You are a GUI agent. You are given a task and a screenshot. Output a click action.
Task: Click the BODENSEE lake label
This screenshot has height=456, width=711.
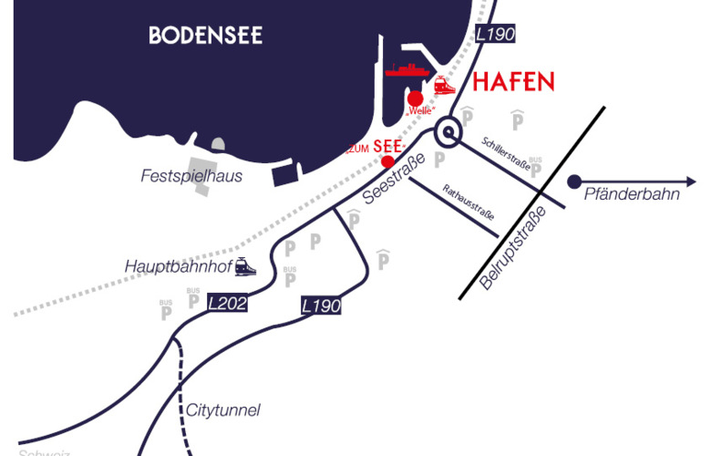(205, 36)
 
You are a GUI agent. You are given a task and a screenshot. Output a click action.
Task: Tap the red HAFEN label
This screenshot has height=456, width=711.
(513, 82)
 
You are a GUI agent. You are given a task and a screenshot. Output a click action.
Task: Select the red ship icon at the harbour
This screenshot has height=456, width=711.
(407, 69)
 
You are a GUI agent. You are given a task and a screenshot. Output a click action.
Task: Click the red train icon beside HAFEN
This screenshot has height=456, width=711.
(445, 85)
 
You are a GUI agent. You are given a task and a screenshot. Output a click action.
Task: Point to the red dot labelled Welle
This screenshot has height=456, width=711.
(416, 98)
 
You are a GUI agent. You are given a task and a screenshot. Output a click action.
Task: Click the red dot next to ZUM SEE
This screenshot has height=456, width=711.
(387, 161)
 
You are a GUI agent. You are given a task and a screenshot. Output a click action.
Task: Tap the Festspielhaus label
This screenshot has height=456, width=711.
(191, 176)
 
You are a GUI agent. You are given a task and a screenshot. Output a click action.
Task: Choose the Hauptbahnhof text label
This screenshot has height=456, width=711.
(177, 266)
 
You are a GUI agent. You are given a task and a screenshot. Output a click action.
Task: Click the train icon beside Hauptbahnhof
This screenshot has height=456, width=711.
(244, 266)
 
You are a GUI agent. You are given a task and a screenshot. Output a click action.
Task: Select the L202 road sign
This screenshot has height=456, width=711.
(227, 302)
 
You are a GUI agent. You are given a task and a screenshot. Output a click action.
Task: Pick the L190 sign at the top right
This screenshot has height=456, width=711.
(496, 34)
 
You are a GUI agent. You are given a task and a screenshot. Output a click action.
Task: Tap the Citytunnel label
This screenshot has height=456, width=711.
(223, 410)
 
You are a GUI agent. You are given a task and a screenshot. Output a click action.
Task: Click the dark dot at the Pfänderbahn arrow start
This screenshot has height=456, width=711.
(574, 181)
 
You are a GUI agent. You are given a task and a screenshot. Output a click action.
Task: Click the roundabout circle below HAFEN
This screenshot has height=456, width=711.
(449, 133)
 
